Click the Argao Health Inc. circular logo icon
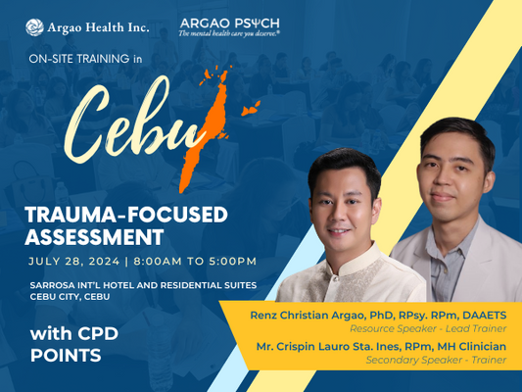(34, 26)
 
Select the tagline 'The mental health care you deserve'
(229, 33)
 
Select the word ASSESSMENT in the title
(94, 236)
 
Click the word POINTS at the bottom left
(66, 355)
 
